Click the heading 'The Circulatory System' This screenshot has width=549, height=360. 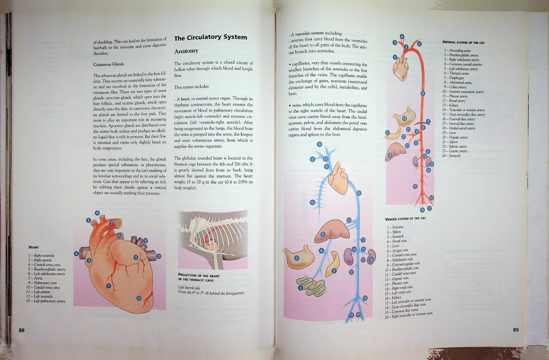point(211,37)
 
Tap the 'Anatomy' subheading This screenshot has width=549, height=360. point(186,51)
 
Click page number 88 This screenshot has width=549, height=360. point(22,330)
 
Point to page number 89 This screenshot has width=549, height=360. point(516,330)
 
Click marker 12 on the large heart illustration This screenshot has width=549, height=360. point(139,298)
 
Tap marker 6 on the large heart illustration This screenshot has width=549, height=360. point(97,213)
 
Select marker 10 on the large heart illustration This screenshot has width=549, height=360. point(159,256)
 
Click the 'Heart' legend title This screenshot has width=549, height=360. point(34,247)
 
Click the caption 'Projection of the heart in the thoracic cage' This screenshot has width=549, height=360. point(199,278)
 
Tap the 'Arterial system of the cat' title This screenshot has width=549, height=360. point(463,42)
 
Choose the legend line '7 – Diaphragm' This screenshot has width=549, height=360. point(454,78)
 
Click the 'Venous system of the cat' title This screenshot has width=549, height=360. point(405,218)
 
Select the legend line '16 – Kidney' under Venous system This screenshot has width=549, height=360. point(393,298)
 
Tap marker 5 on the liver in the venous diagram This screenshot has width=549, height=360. point(323,234)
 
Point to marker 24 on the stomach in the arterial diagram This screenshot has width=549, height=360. point(404,118)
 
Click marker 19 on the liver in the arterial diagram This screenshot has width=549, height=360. point(390,155)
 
